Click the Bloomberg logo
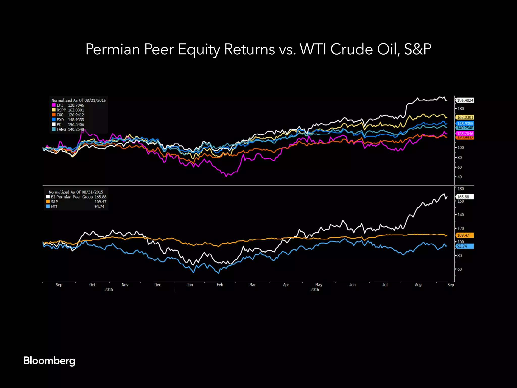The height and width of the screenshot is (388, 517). click(x=49, y=361)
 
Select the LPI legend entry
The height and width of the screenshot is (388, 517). click(x=68, y=105)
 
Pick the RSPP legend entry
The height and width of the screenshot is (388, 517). click(x=68, y=110)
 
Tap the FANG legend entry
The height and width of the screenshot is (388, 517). click(x=68, y=129)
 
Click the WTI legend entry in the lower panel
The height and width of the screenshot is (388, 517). click(x=54, y=207)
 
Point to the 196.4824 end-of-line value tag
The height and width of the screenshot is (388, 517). click(x=465, y=100)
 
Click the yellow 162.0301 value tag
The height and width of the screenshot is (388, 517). click(x=465, y=117)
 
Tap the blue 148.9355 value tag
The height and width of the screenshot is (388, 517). click(x=465, y=124)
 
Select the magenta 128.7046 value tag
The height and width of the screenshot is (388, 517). click(x=465, y=134)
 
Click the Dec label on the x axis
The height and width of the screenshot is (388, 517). click(x=158, y=285)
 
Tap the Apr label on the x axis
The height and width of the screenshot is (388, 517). click(x=286, y=285)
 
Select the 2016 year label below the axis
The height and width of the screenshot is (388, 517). click(x=315, y=289)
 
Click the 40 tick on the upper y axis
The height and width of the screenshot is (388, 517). click(x=460, y=177)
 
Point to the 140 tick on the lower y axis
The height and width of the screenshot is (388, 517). click(x=461, y=215)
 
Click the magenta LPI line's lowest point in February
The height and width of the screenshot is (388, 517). click(x=226, y=176)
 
